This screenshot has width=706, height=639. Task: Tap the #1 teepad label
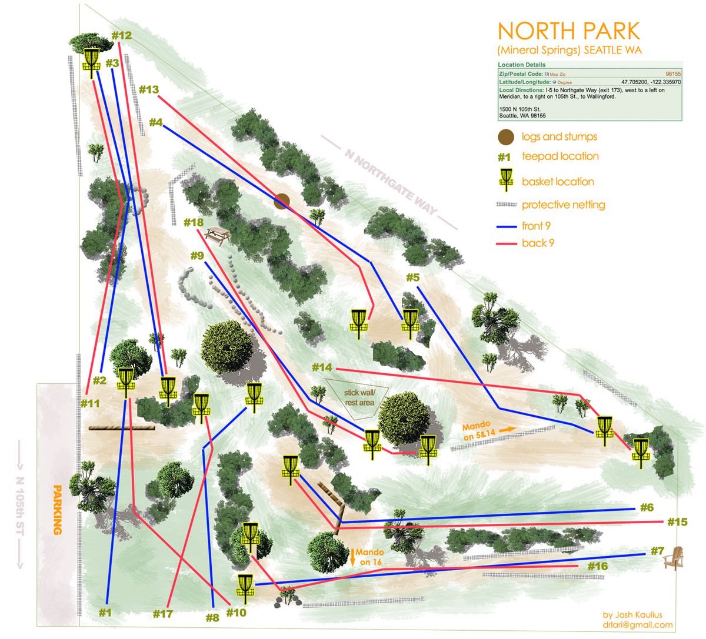coord(105,612)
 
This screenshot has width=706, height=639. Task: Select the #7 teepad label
coord(657,551)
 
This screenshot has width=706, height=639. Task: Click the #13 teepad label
coord(149,90)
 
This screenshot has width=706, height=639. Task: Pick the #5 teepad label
coord(412,277)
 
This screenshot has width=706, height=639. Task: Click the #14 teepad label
coord(322,368)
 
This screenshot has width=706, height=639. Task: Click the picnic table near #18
coord(218,237)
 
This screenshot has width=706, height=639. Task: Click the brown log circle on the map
coord(282,202)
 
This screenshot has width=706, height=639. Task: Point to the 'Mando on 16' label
coord(369,557)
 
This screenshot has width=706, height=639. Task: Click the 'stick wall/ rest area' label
coord(359,396)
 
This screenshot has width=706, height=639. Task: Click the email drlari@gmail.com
coord(637,625)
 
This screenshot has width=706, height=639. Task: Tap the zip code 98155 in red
coord(673,74)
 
